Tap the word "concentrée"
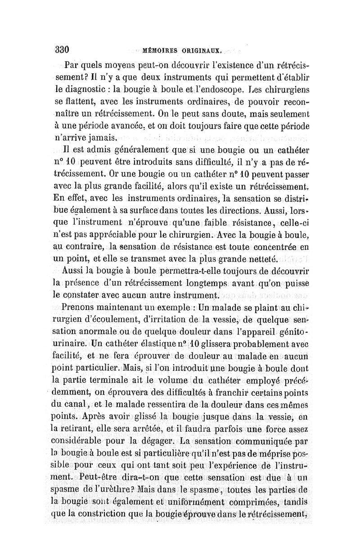[271, 246]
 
